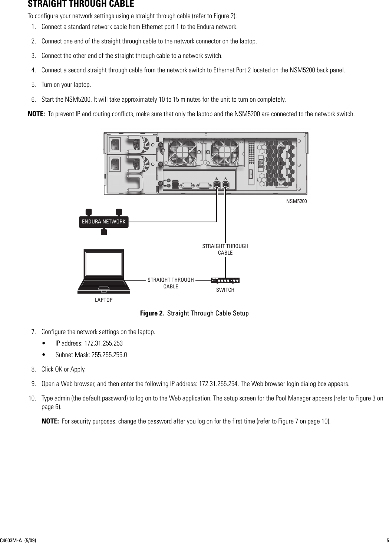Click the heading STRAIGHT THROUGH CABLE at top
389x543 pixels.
(x=81, y=5)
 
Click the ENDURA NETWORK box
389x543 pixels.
(x=103, y=222)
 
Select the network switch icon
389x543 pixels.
(x=225, y=280)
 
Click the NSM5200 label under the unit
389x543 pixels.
(x=297, y=201)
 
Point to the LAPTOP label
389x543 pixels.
(x=103, y=300)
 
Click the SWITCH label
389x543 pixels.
(x=225, y=290)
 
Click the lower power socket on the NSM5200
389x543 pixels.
(x=115, y=163)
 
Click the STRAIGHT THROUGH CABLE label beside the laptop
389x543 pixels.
(x=171, y=283)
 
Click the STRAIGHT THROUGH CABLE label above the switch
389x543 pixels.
(x=225, y=249)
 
